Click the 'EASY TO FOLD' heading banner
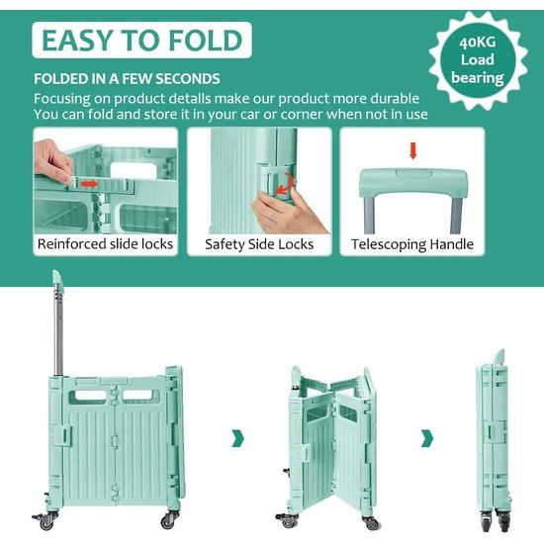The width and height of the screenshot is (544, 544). click(142, 41)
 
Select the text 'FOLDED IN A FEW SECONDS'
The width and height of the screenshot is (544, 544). click(127, 78)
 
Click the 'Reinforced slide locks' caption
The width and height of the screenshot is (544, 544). click(105, 244)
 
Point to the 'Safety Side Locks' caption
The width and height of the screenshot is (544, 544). click(259, 244)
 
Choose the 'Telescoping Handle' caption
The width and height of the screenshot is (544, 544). click(412, 244)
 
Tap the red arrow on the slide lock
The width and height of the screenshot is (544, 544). click(89, 184)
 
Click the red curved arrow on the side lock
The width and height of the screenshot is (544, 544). click(287, 185)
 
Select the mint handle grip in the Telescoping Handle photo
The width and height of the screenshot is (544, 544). click(412, 182)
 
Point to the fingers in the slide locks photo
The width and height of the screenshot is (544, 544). click(54, 163)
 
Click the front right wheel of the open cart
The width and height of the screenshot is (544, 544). click(171, 517)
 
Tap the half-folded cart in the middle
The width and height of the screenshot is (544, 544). click(329, 445)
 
